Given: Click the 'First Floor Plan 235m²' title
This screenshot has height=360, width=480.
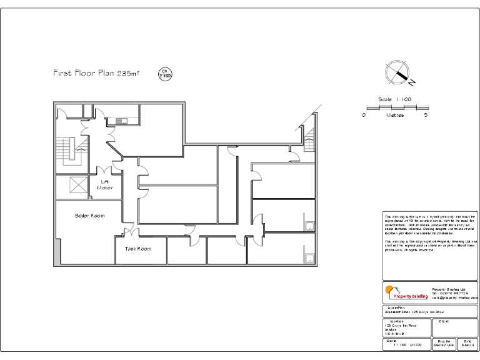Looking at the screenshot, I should click(96, 74).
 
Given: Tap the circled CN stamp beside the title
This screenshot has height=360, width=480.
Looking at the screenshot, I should click(165, 74).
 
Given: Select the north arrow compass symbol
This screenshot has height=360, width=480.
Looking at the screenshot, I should click(397, 72).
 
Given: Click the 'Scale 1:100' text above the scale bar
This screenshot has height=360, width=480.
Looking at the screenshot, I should click(395, 99).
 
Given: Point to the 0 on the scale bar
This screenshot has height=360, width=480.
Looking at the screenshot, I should click(364, 115).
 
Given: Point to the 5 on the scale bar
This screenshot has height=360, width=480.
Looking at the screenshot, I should click(426, 115).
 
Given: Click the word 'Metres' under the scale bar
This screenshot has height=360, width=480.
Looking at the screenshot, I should click(395, 115).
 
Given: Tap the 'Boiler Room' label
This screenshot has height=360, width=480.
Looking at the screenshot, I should click(89, 216).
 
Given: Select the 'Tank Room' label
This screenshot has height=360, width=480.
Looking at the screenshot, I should click(137, 249).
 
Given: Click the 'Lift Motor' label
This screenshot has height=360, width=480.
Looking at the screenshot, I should click(105, 184).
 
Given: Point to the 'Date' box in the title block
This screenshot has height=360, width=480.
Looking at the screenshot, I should click(467, 343).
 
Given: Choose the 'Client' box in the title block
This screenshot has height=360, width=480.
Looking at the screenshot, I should click(457, 327).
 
